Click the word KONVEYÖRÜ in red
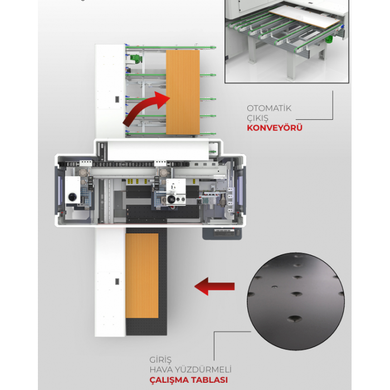pyautogui.click(x=275, y=128)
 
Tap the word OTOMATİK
pyautogui.click(x=269, y=108)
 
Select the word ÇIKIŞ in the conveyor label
pyautogui.click(x=257, y=118)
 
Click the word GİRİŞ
pyautogui.click(x=160, y=360)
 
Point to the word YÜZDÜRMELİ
pyautogui.click(x=203, y=369)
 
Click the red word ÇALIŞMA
pyautogui.click(x=169, y=380)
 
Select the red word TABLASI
pyautogui.click(x=209, y=380)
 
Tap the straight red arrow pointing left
pyautogui.click(x=214, y=286)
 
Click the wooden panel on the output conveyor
pyautogui.click(x=183, y=92)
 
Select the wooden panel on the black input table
pyautogui.click(x=142, y=276)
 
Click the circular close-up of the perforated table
pyautogui.click(x=296, y=301)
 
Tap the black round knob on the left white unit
pyautogui.click(x=72, y=197)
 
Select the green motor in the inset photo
pyautogui.click(x=329, y=39)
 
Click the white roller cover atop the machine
pyautogui.click(x=158, y=150)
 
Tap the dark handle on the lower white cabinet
pyautogui.click(x=117, y=281)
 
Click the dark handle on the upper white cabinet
pyautogui.click(x=117, y=99)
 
